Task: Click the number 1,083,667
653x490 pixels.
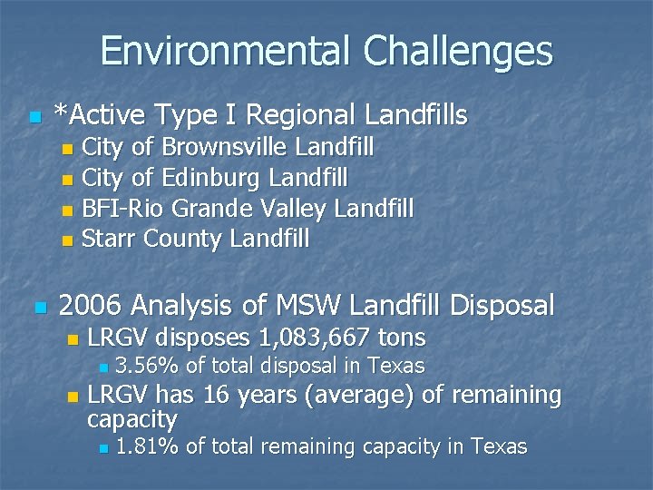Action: [x=315, y=338]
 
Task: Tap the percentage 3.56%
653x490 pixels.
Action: [x=147, y=367]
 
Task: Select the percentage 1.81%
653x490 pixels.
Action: [x=147, y=446]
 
